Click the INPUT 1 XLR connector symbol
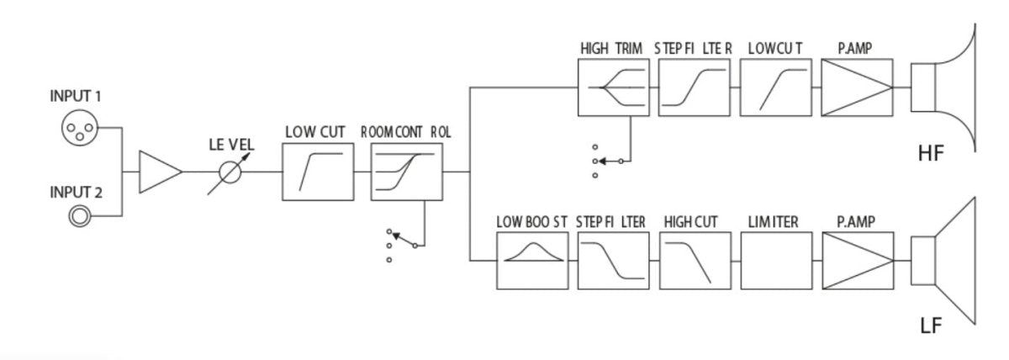(80, 129)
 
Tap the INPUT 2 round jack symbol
(80, 216)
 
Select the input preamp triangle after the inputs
(159, 172)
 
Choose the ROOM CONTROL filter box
(405, 171)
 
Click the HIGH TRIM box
(613, 87)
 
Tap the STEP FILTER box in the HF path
(694, 87)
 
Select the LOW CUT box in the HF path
(774, 87)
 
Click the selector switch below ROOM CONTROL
(402, 241)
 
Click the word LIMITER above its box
(773, 222)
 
